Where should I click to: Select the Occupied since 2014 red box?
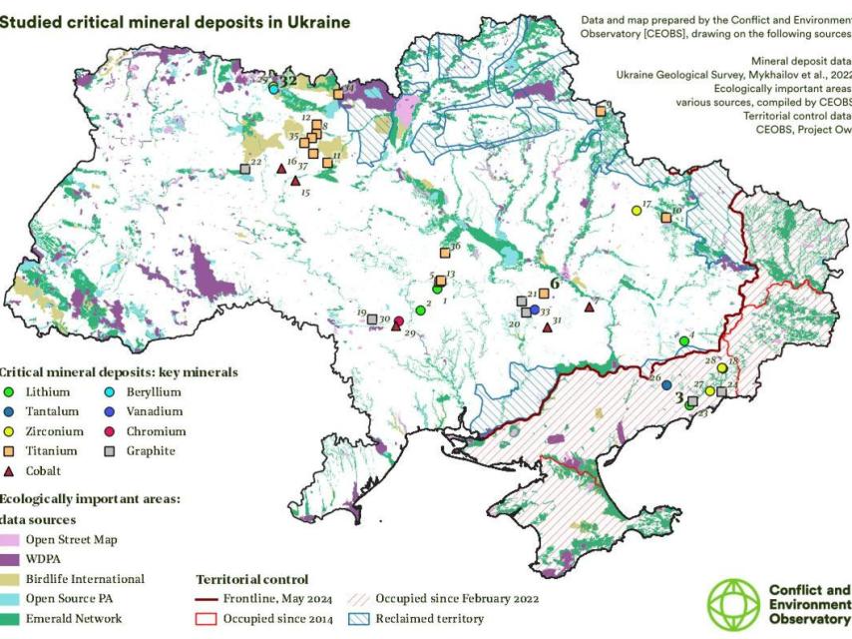(206, 619)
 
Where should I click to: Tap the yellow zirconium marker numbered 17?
(637, 211)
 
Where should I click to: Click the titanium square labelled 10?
(665, 217)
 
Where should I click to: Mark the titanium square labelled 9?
(601, 112)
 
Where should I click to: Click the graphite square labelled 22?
(244, 169)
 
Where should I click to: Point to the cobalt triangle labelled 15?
(294, 181)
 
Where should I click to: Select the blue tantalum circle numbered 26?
(666, 384)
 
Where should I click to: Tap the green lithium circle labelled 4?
(683, 340)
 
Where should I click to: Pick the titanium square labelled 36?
(445, 253)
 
